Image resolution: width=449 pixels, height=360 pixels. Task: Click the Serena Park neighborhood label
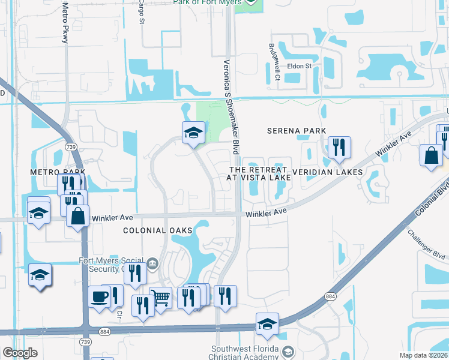tap(297, 131)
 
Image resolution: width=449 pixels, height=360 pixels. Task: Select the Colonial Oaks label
tap(157, 230)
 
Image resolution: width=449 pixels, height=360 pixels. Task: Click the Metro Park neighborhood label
tap(59, 172)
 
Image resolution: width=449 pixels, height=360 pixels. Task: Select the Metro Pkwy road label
tap(65, 22)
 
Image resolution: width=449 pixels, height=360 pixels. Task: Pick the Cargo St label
tap(142, 12)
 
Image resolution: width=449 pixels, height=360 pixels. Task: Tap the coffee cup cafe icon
tap(99, 296)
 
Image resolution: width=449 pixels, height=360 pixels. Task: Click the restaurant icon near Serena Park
tap(339, 146)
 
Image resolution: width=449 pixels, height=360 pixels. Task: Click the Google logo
tap(20, 353)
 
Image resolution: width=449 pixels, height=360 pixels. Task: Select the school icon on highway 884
tap(267, 324)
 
